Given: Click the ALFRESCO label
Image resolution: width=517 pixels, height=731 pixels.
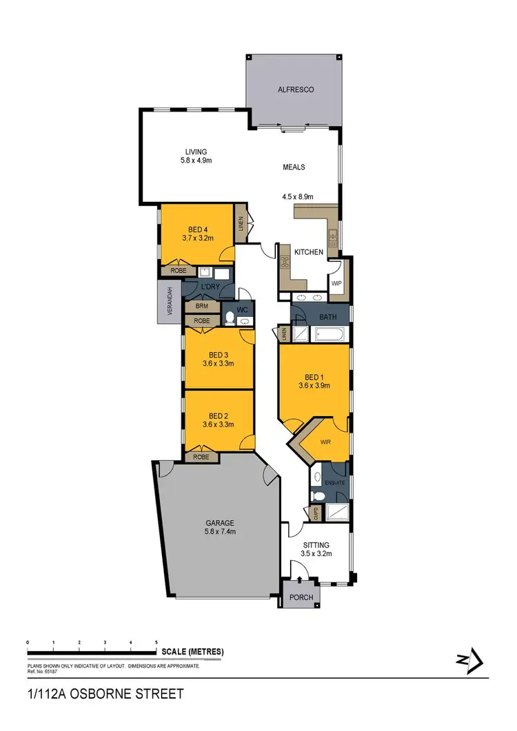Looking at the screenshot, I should (296, 90).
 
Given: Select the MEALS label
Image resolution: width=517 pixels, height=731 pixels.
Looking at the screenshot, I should (294, 167).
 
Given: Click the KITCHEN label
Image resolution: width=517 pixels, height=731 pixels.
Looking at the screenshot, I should (309, 252).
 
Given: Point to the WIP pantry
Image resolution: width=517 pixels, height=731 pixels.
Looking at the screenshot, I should (337, 282).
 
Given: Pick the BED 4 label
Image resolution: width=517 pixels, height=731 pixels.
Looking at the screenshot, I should (198, 230).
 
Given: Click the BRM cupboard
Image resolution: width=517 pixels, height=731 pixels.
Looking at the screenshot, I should (202, 306).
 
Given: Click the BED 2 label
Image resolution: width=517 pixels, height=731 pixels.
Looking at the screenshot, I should (218, 415).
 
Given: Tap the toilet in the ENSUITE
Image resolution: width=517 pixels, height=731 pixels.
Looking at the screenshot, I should (318, 495).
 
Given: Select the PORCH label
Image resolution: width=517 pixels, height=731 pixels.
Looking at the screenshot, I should (302, 597).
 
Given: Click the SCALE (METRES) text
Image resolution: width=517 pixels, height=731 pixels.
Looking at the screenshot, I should (192, 652).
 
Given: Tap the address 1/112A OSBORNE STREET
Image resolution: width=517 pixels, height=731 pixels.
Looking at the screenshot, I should (105, 694).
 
